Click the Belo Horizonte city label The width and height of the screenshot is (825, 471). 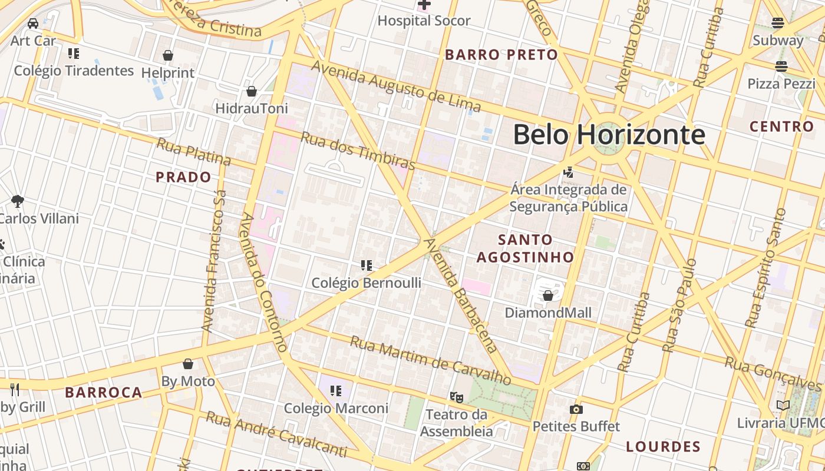(x=608, y=135)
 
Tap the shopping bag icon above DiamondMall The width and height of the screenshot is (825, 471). (x=548, y=296)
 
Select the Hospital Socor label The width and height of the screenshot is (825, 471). (x=424, y=21)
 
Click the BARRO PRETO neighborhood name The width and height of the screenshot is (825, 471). (x=501, y=55)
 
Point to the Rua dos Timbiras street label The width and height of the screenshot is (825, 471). (x=358, y=150)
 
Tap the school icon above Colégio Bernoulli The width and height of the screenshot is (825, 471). (x=367, y=266)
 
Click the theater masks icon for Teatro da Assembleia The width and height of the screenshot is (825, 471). (x=456, y=397)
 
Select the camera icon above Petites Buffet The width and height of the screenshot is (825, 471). (x=576, y=409)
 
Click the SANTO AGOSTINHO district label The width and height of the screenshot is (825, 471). (x=525, y=248)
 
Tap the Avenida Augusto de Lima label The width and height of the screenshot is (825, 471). (x=395, y=87)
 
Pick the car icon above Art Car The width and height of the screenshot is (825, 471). (x=33, y=24)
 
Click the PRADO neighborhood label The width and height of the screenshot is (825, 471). (x=183, y=177)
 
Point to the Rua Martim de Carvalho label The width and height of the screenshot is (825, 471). (x=430, y=360)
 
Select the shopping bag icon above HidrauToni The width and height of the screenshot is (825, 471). (x=252, y=91)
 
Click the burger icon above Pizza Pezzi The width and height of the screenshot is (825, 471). (x=781, y=67)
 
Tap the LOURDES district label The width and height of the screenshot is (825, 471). (x=663, y=446)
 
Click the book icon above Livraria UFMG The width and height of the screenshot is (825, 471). (x=783, y=406)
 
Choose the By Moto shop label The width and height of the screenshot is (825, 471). (x=188, y=382)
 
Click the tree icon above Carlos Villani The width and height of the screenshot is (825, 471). (x=18, y=201)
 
